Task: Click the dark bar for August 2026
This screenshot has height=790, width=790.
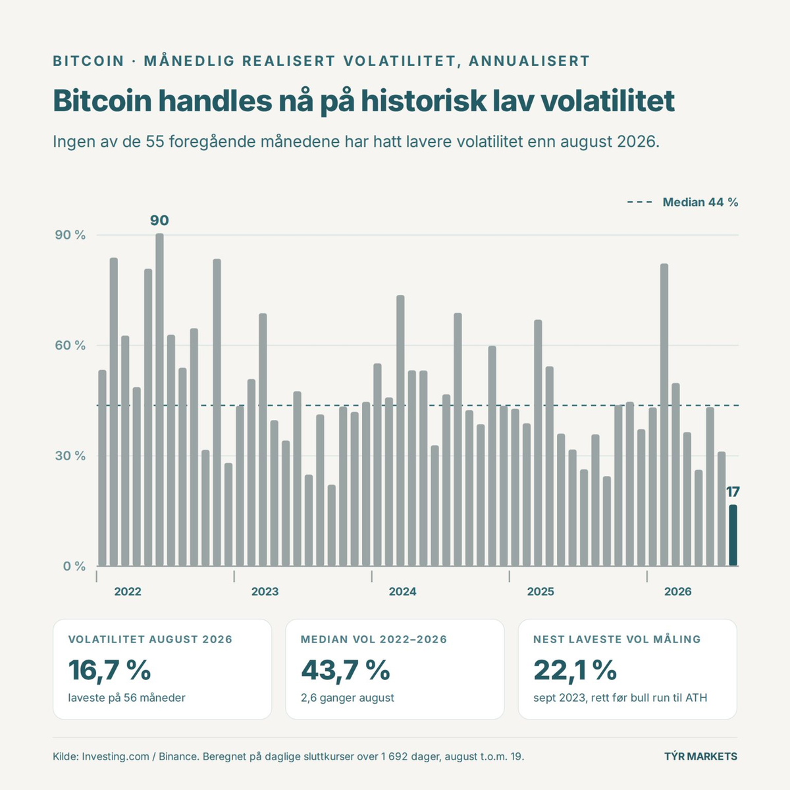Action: coord(733,535)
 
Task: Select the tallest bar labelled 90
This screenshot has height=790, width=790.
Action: coord(159,400)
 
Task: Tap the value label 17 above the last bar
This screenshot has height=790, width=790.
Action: coord(733,492)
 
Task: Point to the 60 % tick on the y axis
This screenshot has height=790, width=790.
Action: coord(70,345)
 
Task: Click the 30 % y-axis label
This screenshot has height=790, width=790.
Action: coord(70,456)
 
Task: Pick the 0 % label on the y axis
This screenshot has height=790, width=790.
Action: coord(74,566)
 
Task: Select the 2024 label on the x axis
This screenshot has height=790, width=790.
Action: coord(403,592)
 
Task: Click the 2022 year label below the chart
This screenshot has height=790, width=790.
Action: coord(128,592)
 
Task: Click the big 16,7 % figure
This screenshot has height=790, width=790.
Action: coord(109,670)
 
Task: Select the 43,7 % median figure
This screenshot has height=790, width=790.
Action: coord(345,670)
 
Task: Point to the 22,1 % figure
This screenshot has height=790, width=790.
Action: coord(575,670)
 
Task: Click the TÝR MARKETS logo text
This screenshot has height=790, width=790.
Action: coord(700,756)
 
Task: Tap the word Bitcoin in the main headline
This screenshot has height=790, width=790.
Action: coord(103,101)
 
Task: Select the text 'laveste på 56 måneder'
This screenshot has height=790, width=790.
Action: coord(126,698)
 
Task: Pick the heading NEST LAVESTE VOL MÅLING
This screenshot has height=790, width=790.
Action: coord(617,639)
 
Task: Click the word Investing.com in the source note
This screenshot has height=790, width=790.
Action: coord(116,756)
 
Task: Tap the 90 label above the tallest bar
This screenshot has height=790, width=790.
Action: coord(159,221)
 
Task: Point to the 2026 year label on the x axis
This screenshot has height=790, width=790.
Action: coord(677,592)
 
